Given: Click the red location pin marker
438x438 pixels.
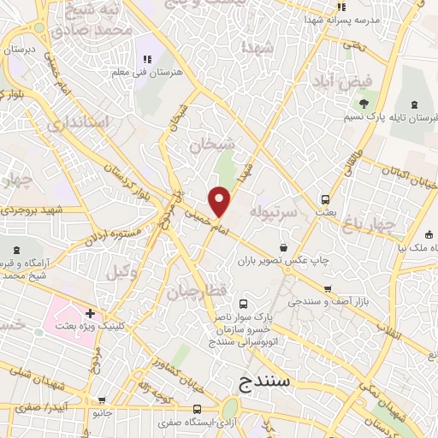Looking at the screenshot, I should coord(221,200).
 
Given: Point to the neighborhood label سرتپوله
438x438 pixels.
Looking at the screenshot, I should coord(274,209).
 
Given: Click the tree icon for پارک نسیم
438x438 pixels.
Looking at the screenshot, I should coord(364,104).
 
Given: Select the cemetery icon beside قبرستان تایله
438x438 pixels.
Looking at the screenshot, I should coord(415,104).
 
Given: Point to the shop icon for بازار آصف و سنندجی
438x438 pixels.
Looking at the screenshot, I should coord(327,289).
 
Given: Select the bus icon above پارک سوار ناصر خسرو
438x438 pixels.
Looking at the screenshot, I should coord(243,304).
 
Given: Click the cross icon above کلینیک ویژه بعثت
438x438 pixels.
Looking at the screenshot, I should coord(90,313).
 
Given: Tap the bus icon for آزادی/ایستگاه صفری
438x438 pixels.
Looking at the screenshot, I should coord(198,409).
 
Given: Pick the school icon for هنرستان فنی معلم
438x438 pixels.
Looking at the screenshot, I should coord(147,59).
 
